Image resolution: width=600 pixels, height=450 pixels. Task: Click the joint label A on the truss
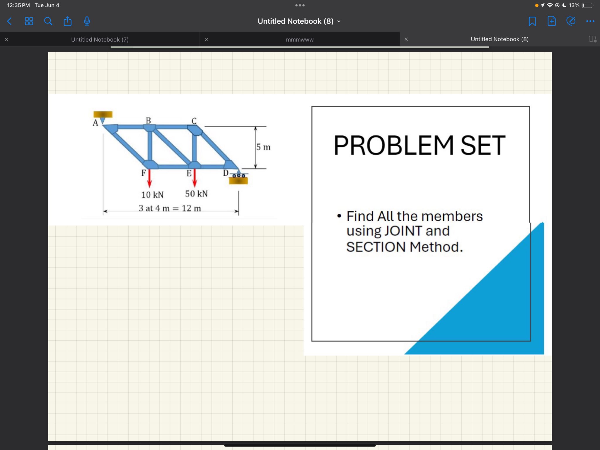(x=95, y=123)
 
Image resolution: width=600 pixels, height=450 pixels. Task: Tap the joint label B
(x=148, y=120)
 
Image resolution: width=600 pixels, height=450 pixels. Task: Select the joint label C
(x=194, y=121)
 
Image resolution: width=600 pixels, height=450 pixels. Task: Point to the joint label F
(x=144, y=173)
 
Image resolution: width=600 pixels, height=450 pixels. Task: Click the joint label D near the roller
(x=226, y=173)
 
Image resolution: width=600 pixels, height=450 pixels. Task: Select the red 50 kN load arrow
(x=195, y=178)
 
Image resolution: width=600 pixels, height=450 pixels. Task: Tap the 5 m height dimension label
(x=263, y=147)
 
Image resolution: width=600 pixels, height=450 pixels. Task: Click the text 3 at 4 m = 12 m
(x=170, y=208)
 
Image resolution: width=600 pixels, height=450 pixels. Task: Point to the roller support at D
(x=238, y=176)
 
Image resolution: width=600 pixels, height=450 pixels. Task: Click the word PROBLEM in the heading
(x=393, y=145)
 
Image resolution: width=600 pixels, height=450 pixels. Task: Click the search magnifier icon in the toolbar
(x=48, y=21)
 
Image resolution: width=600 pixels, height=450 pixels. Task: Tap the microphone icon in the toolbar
(x=87, y=21)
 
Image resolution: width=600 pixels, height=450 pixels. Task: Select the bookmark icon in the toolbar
(x=532, y=21)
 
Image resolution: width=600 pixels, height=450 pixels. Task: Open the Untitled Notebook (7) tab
(x=100, y=40)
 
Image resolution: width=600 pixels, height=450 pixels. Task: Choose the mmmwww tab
(x=299, y=40)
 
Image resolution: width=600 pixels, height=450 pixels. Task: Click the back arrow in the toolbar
(x=9, y=21)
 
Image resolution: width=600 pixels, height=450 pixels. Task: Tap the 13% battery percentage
(x=574, y=5)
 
